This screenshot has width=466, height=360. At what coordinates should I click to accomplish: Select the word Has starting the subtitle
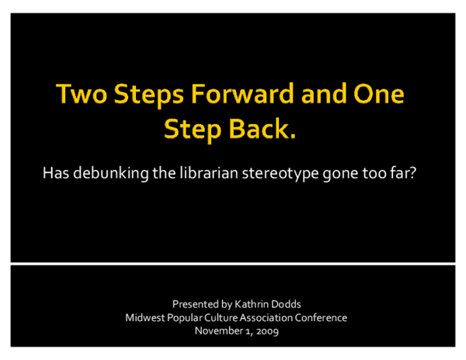pos(57,172)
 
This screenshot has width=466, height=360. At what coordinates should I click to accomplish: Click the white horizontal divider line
pos(233,264)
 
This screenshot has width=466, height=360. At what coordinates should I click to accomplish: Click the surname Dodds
pos(278,304)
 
